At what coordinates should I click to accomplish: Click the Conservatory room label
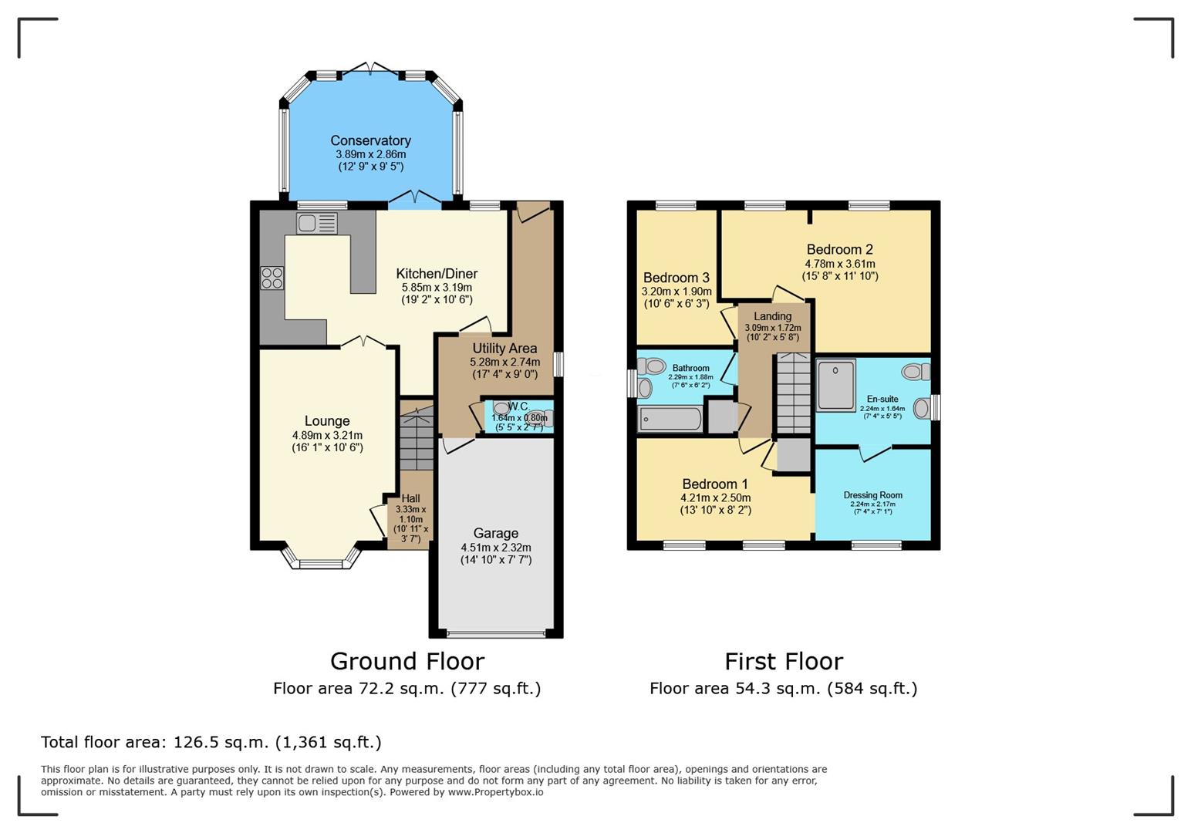pos(370,140)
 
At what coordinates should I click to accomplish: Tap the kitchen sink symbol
pos(317,224)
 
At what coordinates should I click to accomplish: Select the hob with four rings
pos(272,278)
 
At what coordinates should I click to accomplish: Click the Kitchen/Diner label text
pos(437,274)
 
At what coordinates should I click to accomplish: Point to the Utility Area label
pos(504,349)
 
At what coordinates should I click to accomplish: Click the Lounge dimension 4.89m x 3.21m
pos(327,435)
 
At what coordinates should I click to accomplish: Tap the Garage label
pos(495,533)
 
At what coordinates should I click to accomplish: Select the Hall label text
pos(410,499)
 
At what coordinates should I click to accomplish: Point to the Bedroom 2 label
pos(839,249)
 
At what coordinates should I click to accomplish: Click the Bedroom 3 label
pos(676,278)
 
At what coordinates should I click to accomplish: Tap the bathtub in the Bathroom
pos(670,420)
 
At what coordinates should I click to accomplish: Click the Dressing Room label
pos(872,495)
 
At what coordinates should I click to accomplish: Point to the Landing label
pos(772,316)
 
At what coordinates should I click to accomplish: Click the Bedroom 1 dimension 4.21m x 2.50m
pos(715,497)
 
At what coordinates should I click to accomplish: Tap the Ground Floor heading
pos(407,661)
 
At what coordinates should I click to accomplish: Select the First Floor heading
pos(783,661)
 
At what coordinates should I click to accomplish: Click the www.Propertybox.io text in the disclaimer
pos(495,792)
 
